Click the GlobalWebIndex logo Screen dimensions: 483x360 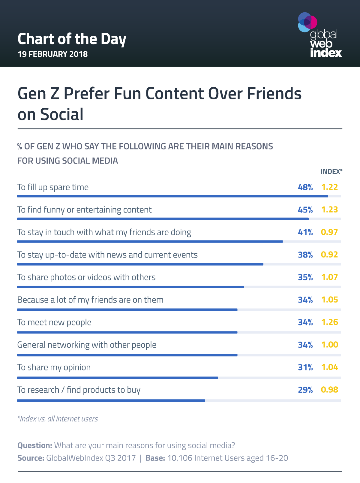pos(320,35)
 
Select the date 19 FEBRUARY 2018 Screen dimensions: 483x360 pos(52,54)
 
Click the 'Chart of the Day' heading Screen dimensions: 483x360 pos(72,39)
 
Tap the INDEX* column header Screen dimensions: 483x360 pos(331,172)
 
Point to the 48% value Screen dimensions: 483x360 pos(305,187)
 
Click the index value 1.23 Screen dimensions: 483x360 pos(329,210)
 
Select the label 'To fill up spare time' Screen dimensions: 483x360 pos(53,187)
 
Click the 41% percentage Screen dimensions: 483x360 pos(305,232)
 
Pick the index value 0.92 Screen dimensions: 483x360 pos(329,255)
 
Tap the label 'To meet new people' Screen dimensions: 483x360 pos(54,322)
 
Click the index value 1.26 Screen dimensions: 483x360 pos(329,322)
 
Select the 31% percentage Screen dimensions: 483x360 pos(305,367)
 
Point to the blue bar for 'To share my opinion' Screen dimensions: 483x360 pos(117,378)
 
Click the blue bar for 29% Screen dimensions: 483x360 pos(111,400)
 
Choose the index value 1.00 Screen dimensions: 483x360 pos(329,345)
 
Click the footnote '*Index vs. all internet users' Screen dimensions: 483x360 pos(58,419)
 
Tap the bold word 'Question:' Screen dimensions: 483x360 pos(35,445)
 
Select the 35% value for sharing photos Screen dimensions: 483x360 pos(305,277)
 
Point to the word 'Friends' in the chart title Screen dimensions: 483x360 pos(274,94)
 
